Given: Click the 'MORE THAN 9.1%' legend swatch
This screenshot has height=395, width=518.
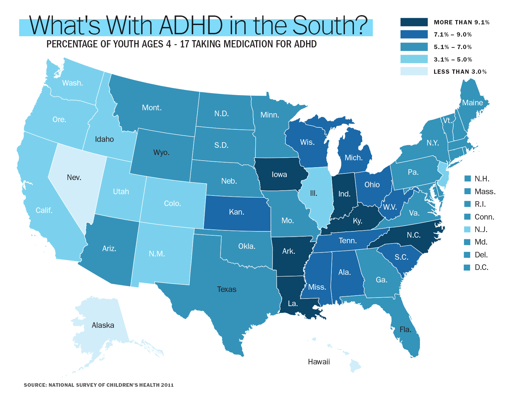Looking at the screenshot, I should coord(414,22).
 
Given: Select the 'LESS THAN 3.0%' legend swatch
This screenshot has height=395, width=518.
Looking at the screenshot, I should coord(414,71).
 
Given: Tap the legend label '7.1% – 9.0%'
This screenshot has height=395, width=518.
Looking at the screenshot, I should coord(453,35).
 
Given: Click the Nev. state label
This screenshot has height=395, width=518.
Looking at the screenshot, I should coord(74,177).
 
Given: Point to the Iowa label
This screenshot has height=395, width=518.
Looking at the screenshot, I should coord(279,174).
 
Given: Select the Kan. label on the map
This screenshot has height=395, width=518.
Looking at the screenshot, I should coord(237,212).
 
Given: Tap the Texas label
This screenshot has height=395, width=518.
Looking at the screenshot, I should coord(227,289).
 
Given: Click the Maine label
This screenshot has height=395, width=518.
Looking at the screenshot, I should coord(472,103).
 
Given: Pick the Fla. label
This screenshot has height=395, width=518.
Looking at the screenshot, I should coord(405,329).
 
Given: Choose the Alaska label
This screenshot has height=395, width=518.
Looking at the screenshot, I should coord(103,325).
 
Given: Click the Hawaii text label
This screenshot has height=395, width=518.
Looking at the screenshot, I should coord(319,362).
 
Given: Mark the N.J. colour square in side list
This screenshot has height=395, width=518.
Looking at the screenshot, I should coord(467,229).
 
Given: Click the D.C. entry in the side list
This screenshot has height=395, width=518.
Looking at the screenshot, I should coord(481,267).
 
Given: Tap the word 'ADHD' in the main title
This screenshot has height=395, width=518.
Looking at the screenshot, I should coord(191,26).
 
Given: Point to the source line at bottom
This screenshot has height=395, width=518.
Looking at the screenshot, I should coord(99,385).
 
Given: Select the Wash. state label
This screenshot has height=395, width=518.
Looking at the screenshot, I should coord(73,83).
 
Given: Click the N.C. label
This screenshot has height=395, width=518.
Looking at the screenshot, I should coord(414,235).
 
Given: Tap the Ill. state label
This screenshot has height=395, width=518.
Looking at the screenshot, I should coord(314,193).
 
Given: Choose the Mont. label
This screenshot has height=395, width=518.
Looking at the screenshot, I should coord(152,108).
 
